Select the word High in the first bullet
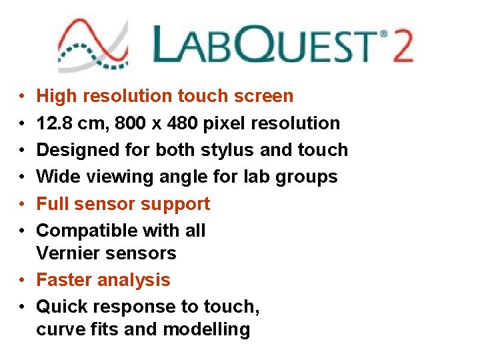56,96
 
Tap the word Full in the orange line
51,203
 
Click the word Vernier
67,253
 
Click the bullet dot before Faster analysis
22,280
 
